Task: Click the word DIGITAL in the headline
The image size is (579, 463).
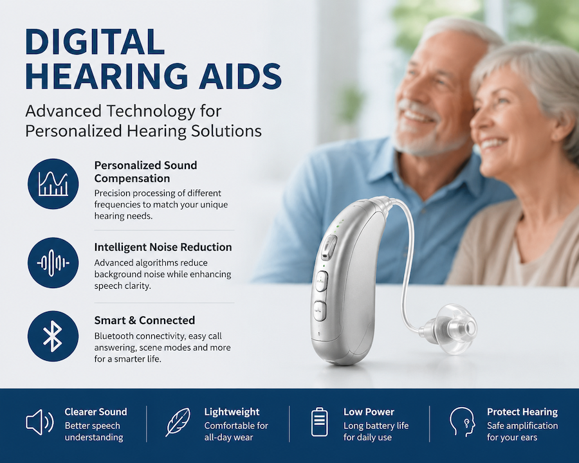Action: [x=95, y=42]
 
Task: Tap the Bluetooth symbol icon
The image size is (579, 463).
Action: [x=53, y=336]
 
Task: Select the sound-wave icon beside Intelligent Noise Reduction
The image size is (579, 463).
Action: [x=53, y=262]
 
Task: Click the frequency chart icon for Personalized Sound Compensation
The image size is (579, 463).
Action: [x=53, y=184]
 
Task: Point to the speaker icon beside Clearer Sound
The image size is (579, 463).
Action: [x=39, y=422]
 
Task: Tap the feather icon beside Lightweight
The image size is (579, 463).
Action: [x=178, y=422]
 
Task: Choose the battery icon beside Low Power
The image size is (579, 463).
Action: [x=319, y=422]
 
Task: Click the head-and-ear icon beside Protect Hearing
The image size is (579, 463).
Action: [x=463, y=422]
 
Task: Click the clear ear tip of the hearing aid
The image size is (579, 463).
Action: [x=455, y=329]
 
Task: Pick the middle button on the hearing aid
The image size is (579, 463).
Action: [x=322, y=282]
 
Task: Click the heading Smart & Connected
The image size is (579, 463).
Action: [x=144, y=320]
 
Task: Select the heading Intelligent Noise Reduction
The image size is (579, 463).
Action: [x=163, y=247]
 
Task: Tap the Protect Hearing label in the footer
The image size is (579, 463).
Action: [x=522, y=412]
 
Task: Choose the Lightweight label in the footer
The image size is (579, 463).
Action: [x=232, y=412]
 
